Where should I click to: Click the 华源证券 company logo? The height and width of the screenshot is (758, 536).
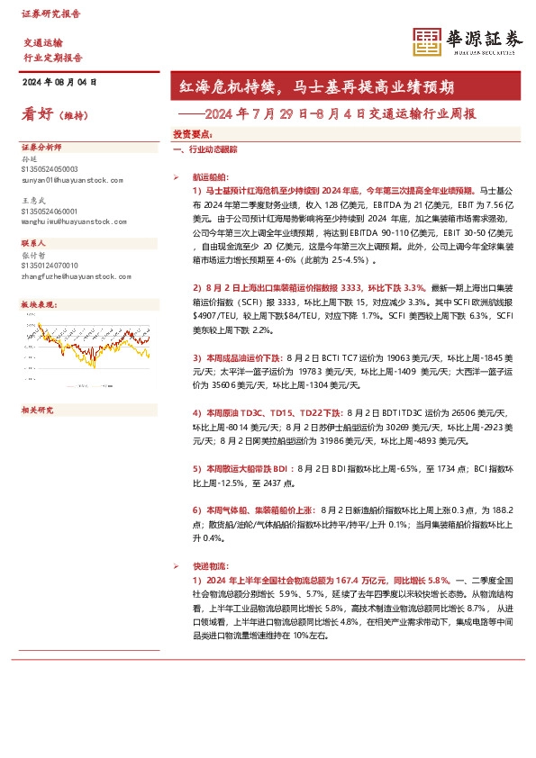tap(468, 41)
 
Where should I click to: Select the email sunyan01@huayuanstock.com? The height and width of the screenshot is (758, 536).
tap(70, 179)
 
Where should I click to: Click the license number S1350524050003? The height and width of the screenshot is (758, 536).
tap(49, 169)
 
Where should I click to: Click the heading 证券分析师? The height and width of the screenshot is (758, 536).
tap(39, 147)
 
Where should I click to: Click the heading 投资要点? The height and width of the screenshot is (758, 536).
tap(192, 133)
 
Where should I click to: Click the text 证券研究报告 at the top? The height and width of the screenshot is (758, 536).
tap(51, 14)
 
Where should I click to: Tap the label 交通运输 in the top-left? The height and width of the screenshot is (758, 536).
tap(42, 42)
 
